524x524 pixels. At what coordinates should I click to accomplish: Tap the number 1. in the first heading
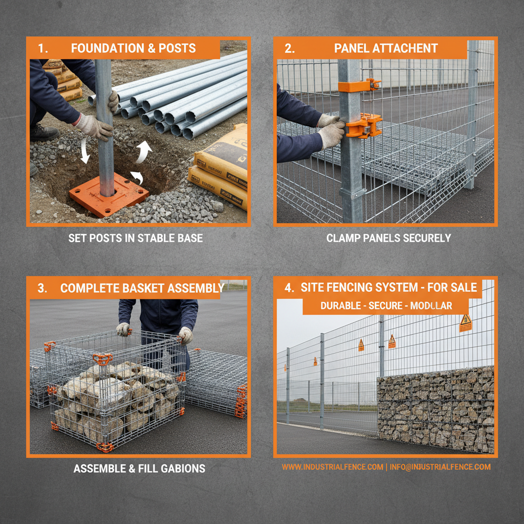[x=42, y=49]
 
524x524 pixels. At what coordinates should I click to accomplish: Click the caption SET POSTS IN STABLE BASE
[x=136, y=238]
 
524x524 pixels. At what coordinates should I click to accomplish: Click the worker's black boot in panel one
[x=43, y=133]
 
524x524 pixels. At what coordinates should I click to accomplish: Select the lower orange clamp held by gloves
[x=364, y=125]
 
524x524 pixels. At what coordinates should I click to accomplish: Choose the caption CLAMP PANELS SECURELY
[x=388, y=238]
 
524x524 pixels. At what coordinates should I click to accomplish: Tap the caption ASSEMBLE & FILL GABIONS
[x=139, y=468]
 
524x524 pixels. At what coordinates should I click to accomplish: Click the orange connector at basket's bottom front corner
[x=104, y=447]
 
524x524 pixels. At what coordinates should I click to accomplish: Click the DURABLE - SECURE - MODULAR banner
[x=386, y=306]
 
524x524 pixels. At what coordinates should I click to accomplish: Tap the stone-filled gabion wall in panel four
[x=435, y=409]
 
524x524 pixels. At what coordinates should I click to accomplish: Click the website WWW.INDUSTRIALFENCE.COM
[x=332, y=467]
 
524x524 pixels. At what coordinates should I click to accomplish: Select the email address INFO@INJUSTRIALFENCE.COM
[x=440, y=467]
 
